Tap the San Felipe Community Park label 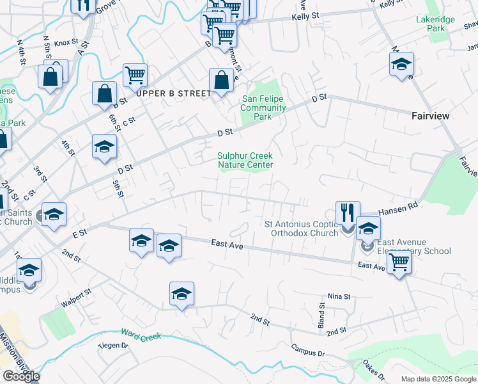click(263, 108)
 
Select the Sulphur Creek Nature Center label click(245, 160)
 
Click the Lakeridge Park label click(435, 24)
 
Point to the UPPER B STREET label click(173, 93)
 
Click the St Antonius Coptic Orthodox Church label click(301, 228)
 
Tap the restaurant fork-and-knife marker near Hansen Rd click(348, 212)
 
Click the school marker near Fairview click(401, 64)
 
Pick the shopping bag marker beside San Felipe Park click(221, 81)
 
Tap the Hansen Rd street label click(397, 208)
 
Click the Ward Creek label click(141, 335)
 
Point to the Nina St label click(339, 297)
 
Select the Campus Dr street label click(308, 351)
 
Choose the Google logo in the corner click(21, 376)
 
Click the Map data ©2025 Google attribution click(438, 379)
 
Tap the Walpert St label click(76, 295)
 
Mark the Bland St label click(322, 313)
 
